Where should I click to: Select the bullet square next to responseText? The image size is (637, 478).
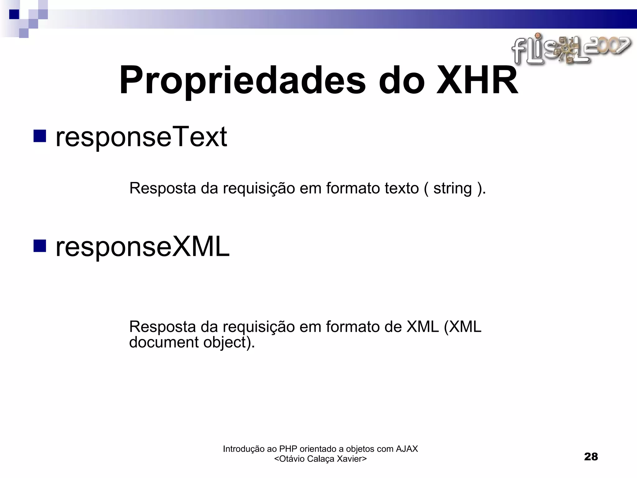pyautogui.click(x=40, y=136)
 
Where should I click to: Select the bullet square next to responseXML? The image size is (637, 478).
pyautogui.click(x=40, y=246)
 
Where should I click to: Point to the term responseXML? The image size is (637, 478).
pyautogui.click(x=142, y=246)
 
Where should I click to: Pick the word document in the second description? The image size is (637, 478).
pyautogui.click(x=164, y=342)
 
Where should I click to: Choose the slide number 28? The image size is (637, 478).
pyautogui.click(x=591, y=457)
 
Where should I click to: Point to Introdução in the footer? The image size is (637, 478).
pyautogui.click(x=244, y=449)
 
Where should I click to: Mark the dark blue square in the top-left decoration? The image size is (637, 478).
pyautogui.click(x=14, y=14)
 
